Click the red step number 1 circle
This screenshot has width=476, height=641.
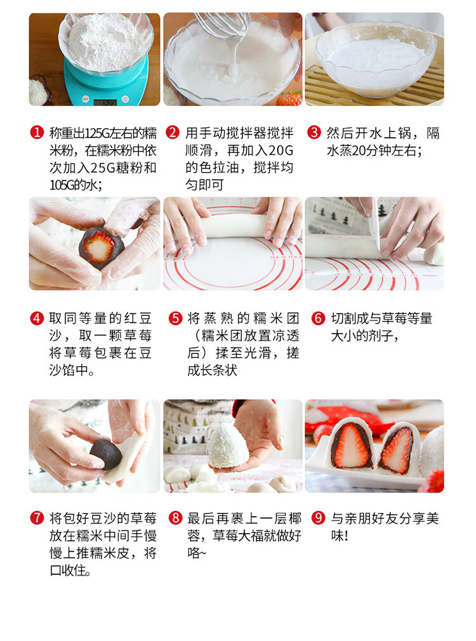click(37, 133)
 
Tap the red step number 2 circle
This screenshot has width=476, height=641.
click(173, 133)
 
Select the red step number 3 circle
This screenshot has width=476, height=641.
click(314, 133)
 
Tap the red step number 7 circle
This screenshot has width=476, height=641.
click(37, 519)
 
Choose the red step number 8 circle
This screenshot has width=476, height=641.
click(175, 519)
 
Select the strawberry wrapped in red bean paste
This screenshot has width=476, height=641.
click(101, 248)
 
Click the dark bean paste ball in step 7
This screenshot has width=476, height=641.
click(105, 454)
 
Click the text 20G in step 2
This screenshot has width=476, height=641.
click(275, 150)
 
